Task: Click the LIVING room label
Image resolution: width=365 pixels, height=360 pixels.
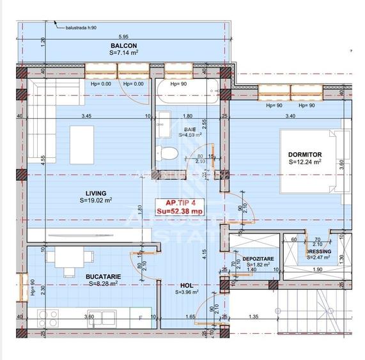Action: (x=96, y=192)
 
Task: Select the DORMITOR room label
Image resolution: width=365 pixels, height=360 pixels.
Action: (x=304, y=155)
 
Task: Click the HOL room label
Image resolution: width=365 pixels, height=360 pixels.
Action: (x=187, y=285)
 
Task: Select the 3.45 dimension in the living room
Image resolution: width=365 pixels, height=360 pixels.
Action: (x=85, y=116)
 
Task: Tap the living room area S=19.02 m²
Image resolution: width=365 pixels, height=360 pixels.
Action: (x=96, y=200)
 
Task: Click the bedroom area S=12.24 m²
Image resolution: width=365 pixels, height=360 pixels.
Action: (x=304, y=162)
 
